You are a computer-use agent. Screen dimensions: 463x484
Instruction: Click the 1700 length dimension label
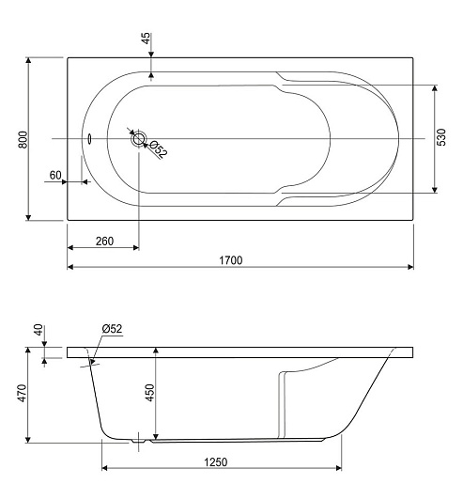click(x=231, y=260)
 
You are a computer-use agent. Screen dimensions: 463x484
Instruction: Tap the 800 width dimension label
click(x=23, y=140)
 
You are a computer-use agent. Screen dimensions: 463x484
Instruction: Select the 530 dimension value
click(x=441, y=137)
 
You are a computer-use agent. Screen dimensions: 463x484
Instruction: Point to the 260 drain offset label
click(x=104, y=242)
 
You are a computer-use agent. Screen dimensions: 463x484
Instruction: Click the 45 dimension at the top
click(x=147, y=39)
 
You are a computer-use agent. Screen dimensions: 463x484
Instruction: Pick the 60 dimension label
click(x=55, y=175)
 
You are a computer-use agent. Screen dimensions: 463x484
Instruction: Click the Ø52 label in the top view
click(x=159, y=149)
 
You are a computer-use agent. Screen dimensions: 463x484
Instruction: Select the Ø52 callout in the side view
click(x=112, y=329)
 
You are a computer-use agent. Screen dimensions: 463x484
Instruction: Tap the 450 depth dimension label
click(x=150, y=393)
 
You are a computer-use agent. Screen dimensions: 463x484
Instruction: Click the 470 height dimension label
click(x=23, y=393)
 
